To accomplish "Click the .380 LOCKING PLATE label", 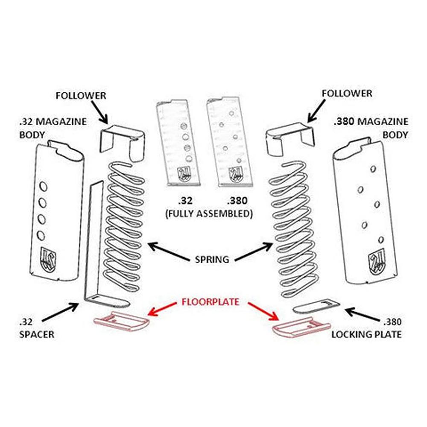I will (366, 328).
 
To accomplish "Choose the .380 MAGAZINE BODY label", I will (370, 128).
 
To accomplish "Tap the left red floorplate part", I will (121, 321).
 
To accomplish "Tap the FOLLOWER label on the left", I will (81, 95).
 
